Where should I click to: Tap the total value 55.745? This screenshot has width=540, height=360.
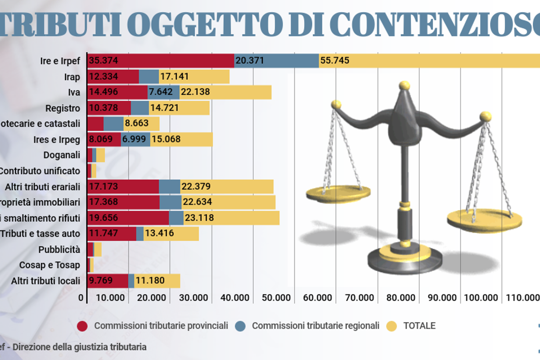[x=335, y=61]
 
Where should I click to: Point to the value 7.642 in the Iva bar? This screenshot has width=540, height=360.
[x=164, y=92]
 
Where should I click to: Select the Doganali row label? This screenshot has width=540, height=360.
[x=62, y=155]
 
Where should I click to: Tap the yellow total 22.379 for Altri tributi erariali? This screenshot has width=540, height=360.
[x=196, y=186]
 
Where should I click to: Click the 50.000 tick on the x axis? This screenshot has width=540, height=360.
[x=276, y=298]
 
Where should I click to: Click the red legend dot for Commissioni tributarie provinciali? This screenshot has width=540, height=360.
[x=82, y=326]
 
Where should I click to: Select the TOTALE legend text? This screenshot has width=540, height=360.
[x=419, y=326]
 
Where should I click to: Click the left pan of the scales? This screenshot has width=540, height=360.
[x=337, y=193]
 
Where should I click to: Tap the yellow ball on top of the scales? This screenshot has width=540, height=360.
[x=405, y=85]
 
